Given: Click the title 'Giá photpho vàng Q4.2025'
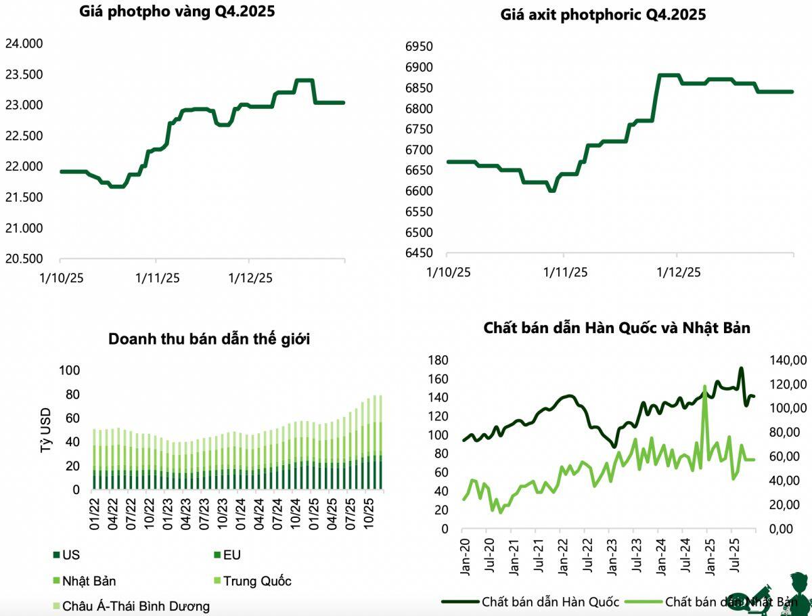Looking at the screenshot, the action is tap(177, 12).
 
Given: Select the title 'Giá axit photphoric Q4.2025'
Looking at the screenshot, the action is tap(603, 15).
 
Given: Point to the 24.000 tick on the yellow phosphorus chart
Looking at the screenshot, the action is tap(24, 43).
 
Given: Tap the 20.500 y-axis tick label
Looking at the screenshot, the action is tap(24, 259).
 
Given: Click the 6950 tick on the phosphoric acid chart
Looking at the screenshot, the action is tap(419, 47).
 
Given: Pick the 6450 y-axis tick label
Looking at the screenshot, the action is tap(419, 253).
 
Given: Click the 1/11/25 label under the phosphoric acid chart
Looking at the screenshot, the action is tap(565, 273).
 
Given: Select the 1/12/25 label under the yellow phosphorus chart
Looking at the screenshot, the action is tap(250, 278).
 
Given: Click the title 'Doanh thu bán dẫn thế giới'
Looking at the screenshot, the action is tap(209, 339).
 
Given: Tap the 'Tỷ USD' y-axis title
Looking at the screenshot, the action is tap(45, 431).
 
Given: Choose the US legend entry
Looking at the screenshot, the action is tap(66, 555).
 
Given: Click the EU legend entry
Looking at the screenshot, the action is tap(227, 555).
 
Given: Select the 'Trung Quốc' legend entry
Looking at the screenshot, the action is tap(253, 581).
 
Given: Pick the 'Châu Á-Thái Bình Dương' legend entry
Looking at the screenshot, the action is tap(132, 607).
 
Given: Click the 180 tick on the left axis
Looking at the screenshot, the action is tap(438, 360).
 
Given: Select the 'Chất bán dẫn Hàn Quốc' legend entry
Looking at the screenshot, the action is tap(531, 602).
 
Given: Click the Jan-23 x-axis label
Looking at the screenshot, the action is tap(612, 557).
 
